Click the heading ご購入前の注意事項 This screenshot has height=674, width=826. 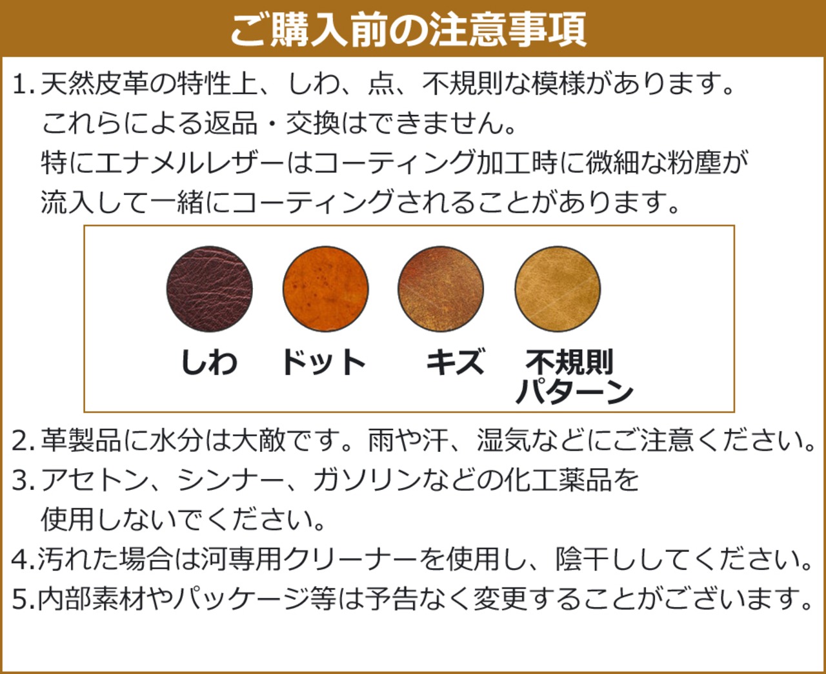click(408, 29)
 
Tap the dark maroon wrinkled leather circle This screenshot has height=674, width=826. click(209, 289)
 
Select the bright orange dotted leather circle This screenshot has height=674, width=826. click(325, 289)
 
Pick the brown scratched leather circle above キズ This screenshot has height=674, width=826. click(441, 289)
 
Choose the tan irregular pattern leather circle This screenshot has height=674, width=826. click(558, 289)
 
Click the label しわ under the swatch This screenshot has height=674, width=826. click(209, 362)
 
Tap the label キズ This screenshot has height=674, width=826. click(455, 362)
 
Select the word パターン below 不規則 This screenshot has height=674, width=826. click(574, 392)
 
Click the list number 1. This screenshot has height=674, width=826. click(21, 85)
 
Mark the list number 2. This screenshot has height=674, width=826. click(21, 442)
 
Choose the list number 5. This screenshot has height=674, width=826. click(21, 600)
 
